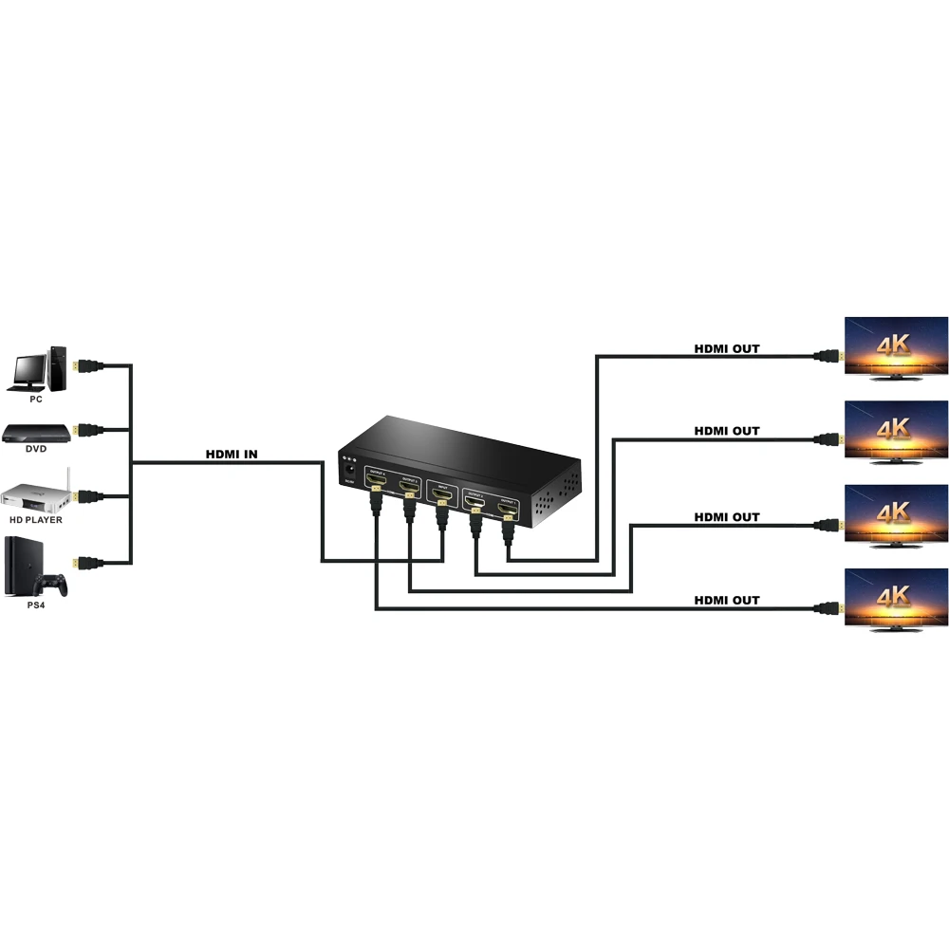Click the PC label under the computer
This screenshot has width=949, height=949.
coord(36,400)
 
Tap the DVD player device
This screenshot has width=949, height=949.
coord(37,434)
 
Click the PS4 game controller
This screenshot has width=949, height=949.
coord(53,581)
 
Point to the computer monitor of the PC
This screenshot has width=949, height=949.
coord(30,367)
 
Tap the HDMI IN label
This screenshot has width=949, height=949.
coord(232,455)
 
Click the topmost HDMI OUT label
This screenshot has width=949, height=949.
coord(727,349)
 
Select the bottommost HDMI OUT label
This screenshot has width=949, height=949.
coord(727,600)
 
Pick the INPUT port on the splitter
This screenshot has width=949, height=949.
coord(440,494)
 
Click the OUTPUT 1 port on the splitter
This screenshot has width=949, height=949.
coord(508,512)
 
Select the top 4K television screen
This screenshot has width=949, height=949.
coord(896,345)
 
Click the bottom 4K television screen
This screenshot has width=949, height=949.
coord(896,598)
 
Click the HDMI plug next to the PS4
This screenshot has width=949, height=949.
coord(89,562)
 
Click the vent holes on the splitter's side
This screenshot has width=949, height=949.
coord(557,498)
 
